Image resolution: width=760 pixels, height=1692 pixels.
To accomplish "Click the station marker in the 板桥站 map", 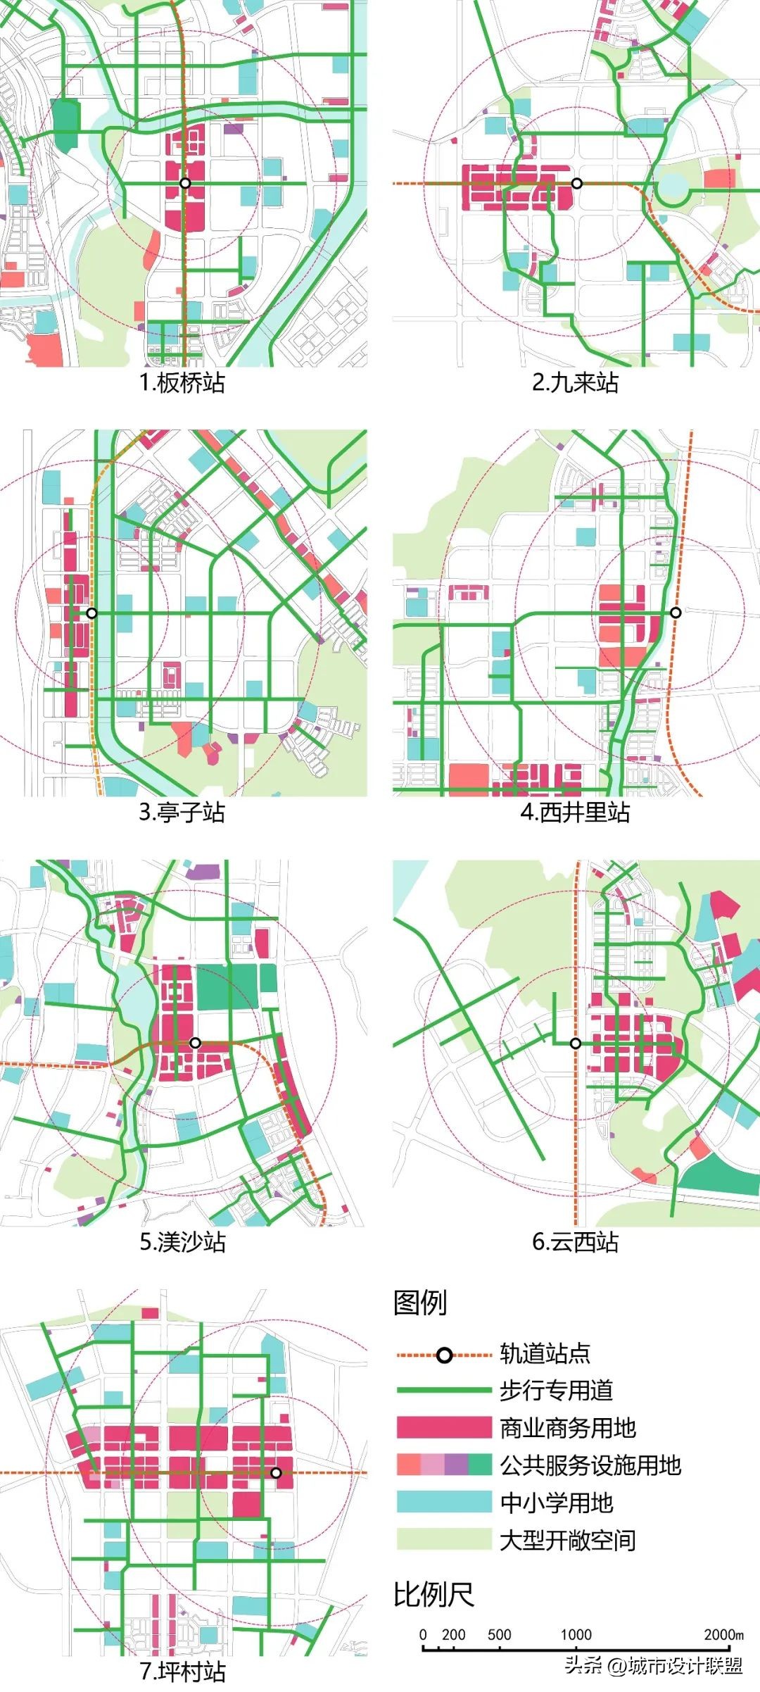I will (x=185, y=183).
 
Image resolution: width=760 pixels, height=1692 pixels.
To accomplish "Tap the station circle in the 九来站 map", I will (x=577, y=183).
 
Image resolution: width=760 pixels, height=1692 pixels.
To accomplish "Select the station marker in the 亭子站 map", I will (x=91, y=613).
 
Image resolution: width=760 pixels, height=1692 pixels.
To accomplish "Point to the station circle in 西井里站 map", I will (x=676, y=613).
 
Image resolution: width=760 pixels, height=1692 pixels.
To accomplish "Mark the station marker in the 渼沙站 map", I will (x=196, y=1043).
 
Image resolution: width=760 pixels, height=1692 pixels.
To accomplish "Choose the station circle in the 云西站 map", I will (x=576, y=1044).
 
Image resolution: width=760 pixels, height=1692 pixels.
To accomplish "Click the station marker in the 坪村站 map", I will (x=276, y=1472).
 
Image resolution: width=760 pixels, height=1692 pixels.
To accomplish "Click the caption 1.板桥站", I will (x=182, y=383).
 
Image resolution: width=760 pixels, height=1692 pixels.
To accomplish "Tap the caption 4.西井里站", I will (x=575, y=813).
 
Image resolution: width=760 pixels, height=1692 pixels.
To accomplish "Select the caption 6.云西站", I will (x=575, y=1242).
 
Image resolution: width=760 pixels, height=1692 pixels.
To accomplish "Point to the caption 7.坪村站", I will (x=182, y=1672).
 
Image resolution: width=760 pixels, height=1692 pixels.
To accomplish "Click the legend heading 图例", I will (x=420, y=1302).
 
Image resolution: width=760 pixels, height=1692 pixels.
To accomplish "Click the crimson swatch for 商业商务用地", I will (x=443, y=1427).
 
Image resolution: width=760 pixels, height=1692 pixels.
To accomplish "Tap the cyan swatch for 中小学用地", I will (x=443, y=1502).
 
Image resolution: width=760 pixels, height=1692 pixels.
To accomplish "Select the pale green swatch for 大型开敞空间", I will (x=443, y=1539).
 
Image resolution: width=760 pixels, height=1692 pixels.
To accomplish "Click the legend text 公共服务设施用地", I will (x=590, y=1465).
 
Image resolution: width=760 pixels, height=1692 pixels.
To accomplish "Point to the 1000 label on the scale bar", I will (x=576, y=1634).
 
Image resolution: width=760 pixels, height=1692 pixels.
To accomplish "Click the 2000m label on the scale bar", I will (x=723, y=1634).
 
